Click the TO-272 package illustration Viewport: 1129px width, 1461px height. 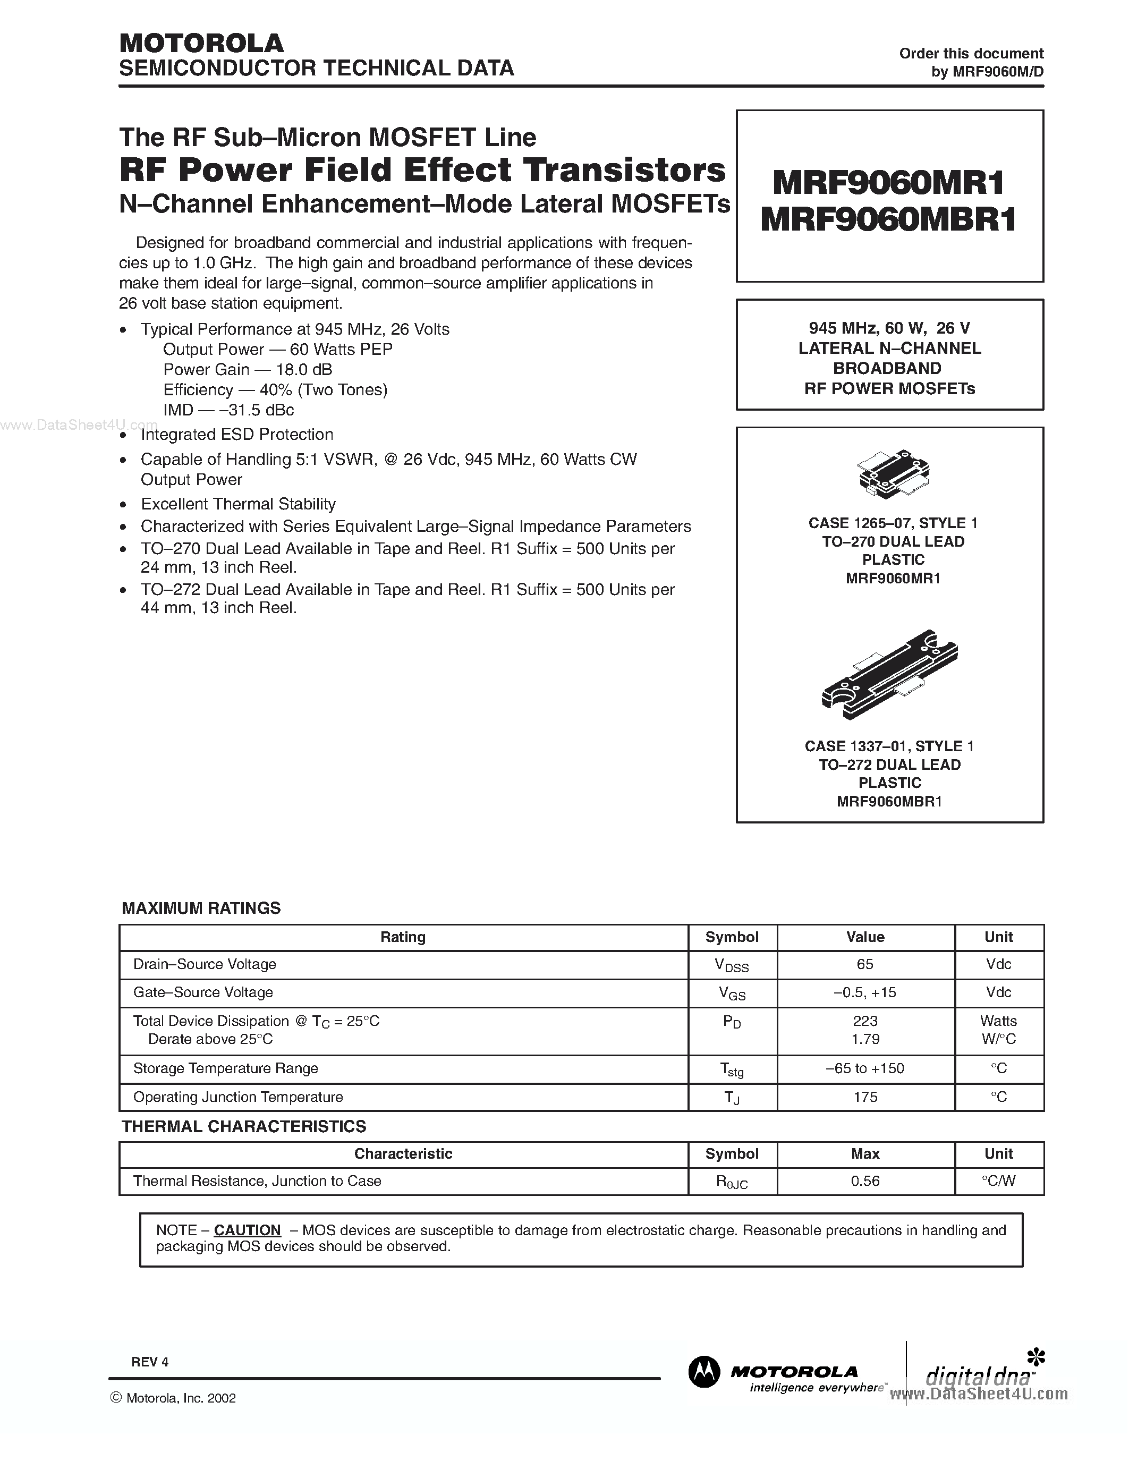889,674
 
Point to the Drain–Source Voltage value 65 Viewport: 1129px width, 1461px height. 865,964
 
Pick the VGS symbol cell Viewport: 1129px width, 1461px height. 732,993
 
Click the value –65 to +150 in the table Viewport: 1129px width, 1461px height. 865,1068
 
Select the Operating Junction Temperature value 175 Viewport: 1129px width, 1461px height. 865,1097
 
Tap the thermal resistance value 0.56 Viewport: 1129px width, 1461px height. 865,1180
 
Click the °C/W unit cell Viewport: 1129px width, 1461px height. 999,1180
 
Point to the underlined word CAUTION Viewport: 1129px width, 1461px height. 247,1230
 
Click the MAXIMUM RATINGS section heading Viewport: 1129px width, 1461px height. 201,908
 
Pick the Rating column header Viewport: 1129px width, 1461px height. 403,937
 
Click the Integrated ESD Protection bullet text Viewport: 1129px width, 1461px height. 237,434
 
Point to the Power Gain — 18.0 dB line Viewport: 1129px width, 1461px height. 248,369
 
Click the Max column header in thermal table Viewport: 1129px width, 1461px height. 865,1153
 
